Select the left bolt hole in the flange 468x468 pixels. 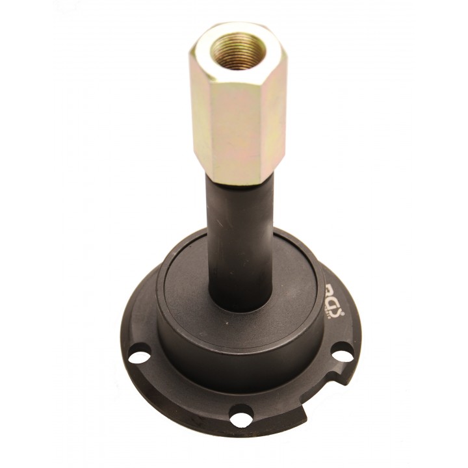pos(138,356)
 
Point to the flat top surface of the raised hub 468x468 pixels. pos(188,286)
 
